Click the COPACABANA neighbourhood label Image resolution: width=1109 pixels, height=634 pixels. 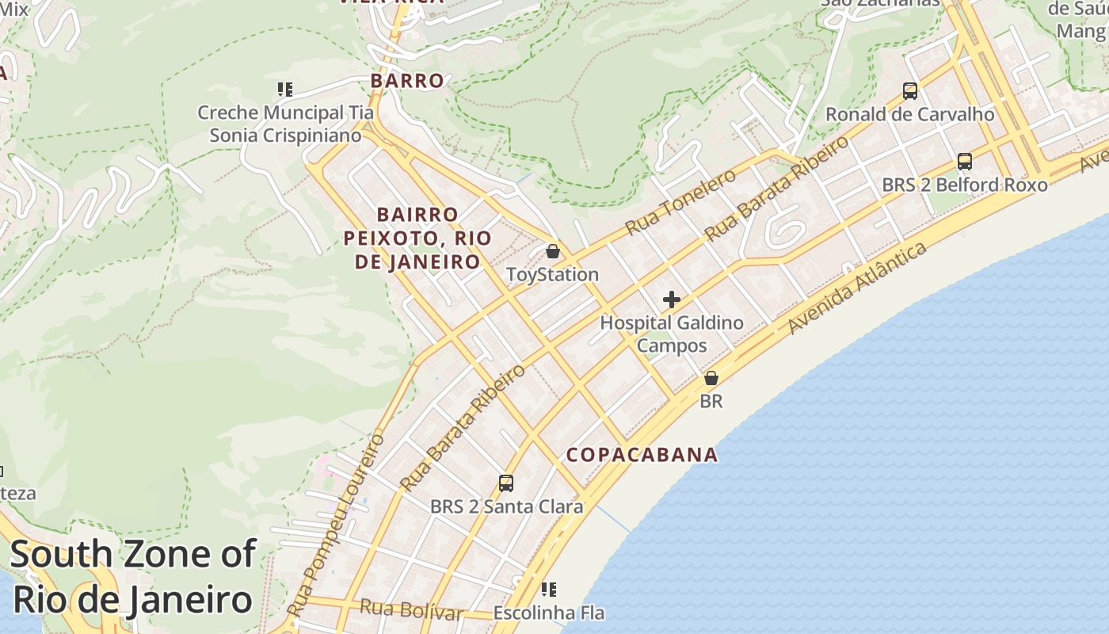click(x=642, y=455)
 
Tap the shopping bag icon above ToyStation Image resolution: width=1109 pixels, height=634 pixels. click(x=553, y=251)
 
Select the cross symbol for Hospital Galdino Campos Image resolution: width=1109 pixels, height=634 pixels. click(x=672, y=300)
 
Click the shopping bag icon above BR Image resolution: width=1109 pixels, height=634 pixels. click(x=711, y=378)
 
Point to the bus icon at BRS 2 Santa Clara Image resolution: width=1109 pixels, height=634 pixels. click(x=505, y=483)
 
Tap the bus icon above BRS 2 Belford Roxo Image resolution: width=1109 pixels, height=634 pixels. click(x=964, y=162)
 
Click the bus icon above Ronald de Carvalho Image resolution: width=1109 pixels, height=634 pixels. click(x=910, y=91)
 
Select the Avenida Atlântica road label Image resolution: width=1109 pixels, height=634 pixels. click(x=858, y=288)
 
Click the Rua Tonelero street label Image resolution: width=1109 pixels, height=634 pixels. click(x=681, y=204)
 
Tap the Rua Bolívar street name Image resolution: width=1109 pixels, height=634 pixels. click(x=410, y=610)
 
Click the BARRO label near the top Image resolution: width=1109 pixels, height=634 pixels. click(x=407, y=81)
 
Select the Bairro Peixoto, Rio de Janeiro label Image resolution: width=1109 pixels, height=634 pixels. click(x=417, y=238)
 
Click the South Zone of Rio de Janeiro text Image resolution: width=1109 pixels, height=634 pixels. click(x=133, y=576)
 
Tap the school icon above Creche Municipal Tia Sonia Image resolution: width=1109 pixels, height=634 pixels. click(x=285, y=90)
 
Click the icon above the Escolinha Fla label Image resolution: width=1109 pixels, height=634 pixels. click(x=548, y=590)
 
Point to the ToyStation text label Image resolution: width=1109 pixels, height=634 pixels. click(x=552, y=275)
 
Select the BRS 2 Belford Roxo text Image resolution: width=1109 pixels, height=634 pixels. click(x=964, y=185)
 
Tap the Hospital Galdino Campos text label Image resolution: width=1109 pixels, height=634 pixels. click(x=672, y=334)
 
